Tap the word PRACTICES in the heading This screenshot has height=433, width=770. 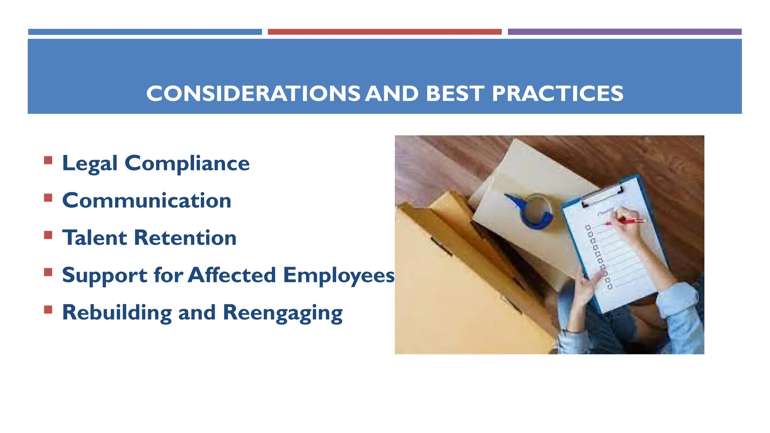557,94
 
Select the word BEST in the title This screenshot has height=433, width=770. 454,94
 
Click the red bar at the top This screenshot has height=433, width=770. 385,32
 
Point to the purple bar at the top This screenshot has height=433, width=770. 624,32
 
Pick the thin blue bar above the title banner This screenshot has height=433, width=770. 145,32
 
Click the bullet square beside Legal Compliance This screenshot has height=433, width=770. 48,160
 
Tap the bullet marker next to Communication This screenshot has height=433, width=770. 48,198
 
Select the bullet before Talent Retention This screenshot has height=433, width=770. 48,235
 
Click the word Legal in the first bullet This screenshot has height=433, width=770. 90,164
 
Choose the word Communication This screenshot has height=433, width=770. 147,200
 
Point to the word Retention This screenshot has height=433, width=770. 185,238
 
